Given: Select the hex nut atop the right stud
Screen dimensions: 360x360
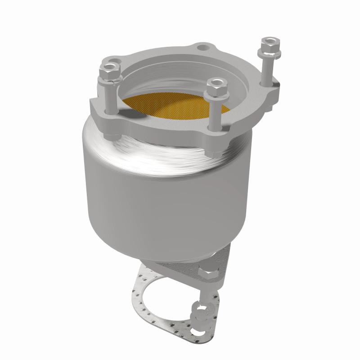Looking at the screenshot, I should [269, 44].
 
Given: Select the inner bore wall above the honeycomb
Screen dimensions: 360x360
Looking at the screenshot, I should [180, 79].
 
